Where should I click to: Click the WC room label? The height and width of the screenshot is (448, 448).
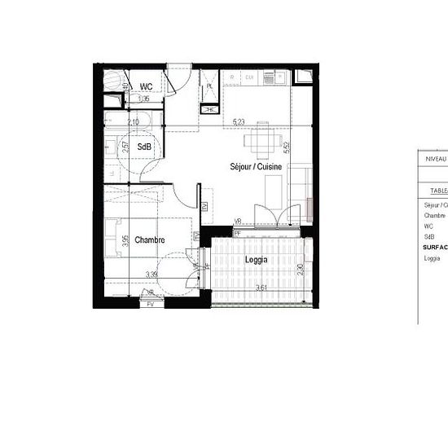click(x=147, y=86)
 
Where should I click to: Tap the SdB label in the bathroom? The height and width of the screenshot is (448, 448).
click(x=143, y=147)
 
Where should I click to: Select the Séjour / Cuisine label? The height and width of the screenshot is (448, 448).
click(x=256, y=166)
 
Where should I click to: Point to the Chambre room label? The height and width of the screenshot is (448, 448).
click(x=150, y=240)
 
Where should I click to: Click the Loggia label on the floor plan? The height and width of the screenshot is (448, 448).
click(x=257, y=260)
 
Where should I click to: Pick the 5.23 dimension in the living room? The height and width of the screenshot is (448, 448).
click(x=239, y=123)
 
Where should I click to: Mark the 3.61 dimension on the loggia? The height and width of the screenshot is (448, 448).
click(x=261, y=288)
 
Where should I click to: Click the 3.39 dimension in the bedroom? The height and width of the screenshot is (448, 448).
click(x=152, y=275)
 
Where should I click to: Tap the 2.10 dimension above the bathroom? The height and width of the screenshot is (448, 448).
click(x=134, y=122)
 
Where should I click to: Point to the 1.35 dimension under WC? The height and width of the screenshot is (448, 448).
click(x=143, y=99)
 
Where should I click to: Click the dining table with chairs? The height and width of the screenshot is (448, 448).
click(x=260, y=145)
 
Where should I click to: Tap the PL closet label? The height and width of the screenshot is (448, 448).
click(x=209, y=86)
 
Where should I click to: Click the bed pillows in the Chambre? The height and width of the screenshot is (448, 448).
click(x=110, y=240)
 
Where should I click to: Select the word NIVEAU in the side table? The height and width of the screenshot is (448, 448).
click(x=437, y=160)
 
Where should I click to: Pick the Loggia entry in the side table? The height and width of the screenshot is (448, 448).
click(x=432, y=258)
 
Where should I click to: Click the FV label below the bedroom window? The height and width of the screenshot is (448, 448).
click(x=150, y=304)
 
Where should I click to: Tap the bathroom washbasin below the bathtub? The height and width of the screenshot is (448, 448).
click(x=110, y=151)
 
